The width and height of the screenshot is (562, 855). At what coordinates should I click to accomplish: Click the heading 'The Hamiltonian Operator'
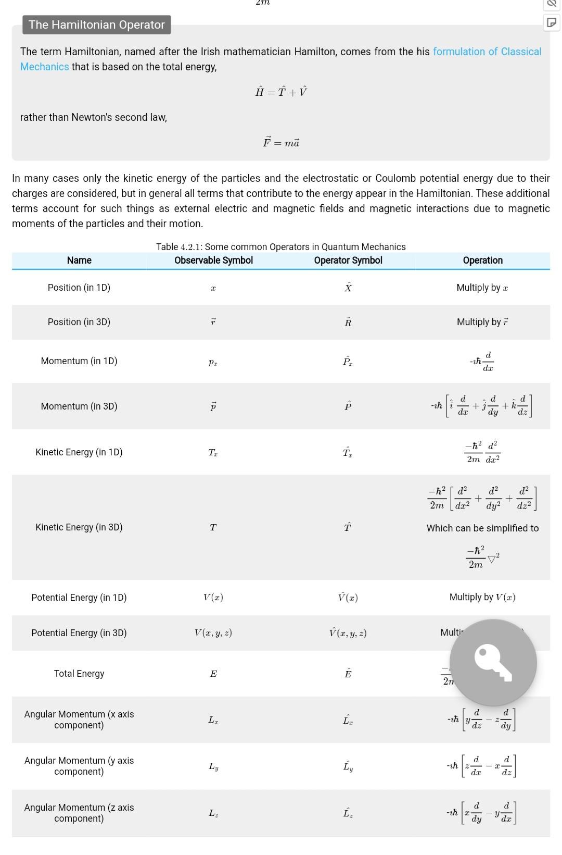[96, 24]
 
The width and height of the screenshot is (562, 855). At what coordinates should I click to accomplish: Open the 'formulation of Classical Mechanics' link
[487, 52]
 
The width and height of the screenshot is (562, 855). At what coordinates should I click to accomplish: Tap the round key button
[493, 662]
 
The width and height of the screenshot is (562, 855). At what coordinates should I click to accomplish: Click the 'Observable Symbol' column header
[213, 260]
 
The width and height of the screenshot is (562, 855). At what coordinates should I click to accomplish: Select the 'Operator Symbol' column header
[348, 260]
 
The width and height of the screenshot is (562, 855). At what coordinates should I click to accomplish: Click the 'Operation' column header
[482, 260]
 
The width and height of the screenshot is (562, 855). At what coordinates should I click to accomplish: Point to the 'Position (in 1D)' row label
[79, 288]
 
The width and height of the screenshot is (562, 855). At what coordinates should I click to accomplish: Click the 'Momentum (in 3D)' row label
[79, 406]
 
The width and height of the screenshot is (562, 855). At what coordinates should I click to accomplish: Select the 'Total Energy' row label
[79, 673]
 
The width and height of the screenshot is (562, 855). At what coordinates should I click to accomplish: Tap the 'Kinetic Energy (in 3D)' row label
[79, 527]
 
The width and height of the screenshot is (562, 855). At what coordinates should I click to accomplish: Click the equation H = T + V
[281, 92]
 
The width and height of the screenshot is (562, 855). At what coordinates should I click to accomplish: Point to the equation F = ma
[281, 142]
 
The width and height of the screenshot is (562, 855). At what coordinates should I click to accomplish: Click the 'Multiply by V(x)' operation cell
[482, 597]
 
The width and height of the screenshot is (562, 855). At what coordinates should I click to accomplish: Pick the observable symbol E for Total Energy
[213, 674]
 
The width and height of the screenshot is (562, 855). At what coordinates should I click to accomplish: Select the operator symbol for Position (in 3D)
[348, 323]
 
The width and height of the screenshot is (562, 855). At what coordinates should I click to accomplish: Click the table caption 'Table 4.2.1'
[281, 246]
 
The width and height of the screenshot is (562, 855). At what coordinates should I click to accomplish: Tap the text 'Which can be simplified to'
[482, 528]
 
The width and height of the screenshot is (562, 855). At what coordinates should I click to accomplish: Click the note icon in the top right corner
[551, 22]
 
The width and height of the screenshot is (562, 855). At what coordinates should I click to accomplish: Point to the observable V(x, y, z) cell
[213, 633]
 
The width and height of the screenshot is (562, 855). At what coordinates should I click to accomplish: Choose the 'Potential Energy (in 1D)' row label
[79, 597]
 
